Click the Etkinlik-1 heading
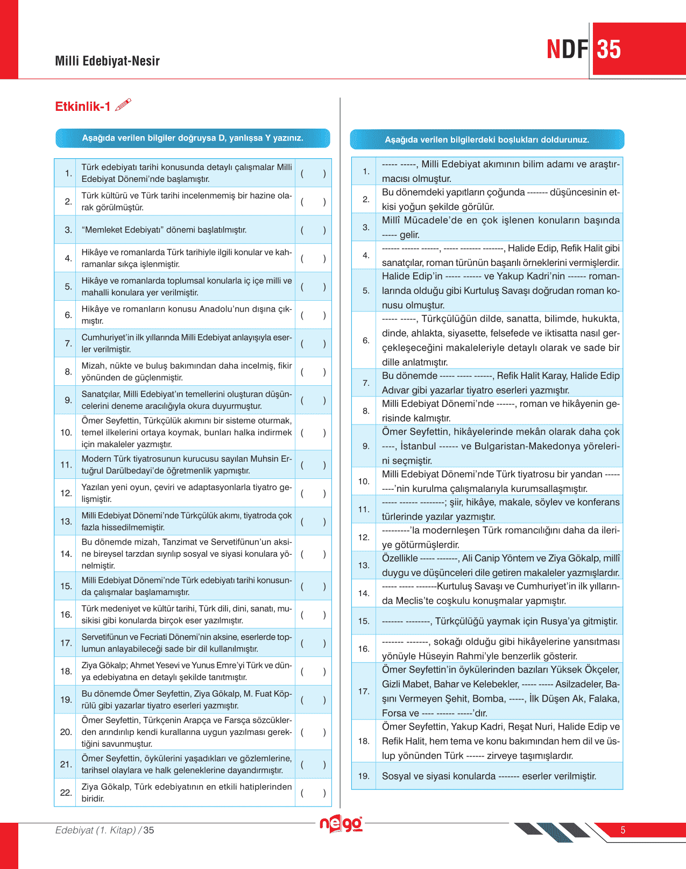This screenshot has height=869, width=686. point(83,107)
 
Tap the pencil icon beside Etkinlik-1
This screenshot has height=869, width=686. point(123,104)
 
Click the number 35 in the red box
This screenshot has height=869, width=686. point(609,50)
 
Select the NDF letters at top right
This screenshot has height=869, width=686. point(568,50)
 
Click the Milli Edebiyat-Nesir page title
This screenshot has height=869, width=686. point(108,61)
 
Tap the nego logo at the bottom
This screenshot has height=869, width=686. point(341,824)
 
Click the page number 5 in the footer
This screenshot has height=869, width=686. point(623,830)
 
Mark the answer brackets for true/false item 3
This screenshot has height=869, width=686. point(313,230)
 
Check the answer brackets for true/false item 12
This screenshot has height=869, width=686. point(313,493)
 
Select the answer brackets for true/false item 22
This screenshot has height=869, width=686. point(313,792)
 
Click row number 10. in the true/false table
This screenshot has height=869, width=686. point(66,432)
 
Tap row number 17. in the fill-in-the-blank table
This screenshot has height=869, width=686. point(364,691)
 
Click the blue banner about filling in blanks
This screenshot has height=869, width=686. point(487,139)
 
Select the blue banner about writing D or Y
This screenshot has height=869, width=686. point(193,138)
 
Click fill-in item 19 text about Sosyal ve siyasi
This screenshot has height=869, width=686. point(489,776)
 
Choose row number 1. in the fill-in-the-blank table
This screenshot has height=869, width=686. point(366,171)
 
